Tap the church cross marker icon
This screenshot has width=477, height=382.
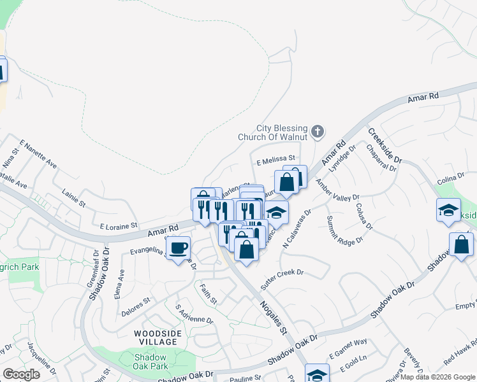(318, 132)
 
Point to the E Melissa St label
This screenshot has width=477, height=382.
(275, 158)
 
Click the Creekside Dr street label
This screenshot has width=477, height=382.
(385, 145)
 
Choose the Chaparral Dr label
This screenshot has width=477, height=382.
(382, 157)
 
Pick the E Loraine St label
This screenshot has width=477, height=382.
(119, 225)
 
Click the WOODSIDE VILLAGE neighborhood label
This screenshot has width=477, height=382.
(158, 337)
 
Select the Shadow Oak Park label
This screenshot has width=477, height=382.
(151, 362)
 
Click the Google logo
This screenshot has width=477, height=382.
(21, 374)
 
